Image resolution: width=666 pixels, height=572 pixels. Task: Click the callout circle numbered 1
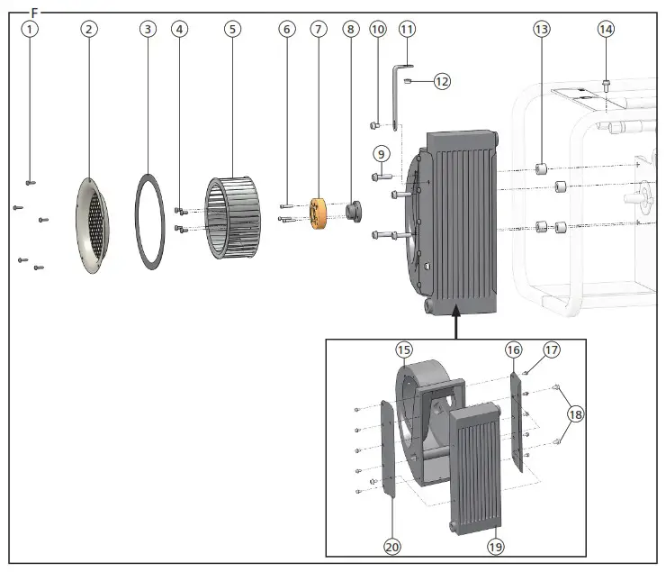(x=31, y=29)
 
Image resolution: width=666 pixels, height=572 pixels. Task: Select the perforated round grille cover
(x=94, y=224)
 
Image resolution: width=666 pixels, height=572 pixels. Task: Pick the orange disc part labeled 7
(x=317, y=213)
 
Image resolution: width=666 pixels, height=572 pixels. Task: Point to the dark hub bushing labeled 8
(x=351, y=212)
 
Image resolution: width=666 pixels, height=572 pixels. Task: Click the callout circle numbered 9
(x=381, y=153)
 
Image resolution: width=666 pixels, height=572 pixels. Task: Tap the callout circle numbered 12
(x=441, y=81)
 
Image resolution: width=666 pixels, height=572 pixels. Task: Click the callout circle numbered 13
(x=541, y=29)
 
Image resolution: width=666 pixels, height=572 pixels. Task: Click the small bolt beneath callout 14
(x=606, y=86)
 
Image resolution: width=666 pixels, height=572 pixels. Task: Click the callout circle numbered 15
(x=404, y=349)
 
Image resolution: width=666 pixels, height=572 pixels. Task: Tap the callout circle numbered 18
(x=574, y=413)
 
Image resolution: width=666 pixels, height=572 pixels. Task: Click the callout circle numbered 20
(x=391, y=547)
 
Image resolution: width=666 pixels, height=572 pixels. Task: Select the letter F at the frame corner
(x=35, y=13)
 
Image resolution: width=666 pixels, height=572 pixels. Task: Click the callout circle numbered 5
(x=232, y=29)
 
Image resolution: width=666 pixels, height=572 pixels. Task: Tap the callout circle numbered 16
(x=513, y=349)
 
